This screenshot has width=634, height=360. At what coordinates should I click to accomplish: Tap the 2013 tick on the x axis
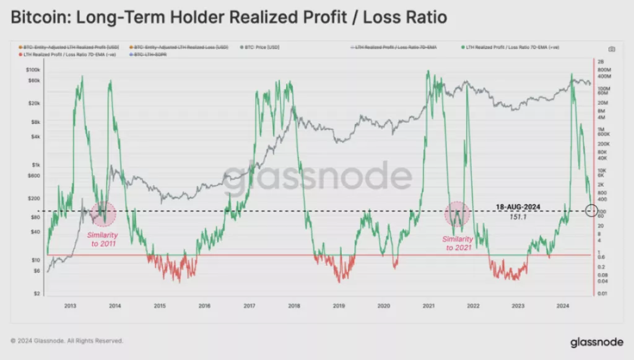(70, 305)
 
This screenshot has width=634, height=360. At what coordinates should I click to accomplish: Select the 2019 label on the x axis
(339, 305)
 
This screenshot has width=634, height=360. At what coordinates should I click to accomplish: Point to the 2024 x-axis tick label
(563, 305)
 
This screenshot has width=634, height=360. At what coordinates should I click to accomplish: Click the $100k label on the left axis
(33, 71)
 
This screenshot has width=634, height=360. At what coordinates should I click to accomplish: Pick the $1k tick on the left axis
(37, 165)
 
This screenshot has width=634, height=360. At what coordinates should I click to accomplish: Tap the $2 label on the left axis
(38, 293)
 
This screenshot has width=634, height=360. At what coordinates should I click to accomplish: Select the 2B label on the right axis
(600, 61)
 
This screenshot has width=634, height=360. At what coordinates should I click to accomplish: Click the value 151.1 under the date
(518, 217)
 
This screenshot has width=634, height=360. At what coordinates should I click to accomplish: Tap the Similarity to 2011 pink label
(102, 239)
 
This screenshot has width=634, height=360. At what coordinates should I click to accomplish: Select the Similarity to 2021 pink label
(458, 243)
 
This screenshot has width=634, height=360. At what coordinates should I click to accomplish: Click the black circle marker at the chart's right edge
(591, 211)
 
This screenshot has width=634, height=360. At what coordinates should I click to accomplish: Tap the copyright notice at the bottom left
(67, 341)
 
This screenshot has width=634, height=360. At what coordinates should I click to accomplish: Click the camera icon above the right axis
(611, 49)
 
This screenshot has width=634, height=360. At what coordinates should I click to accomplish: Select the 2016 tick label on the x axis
(204, 305)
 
